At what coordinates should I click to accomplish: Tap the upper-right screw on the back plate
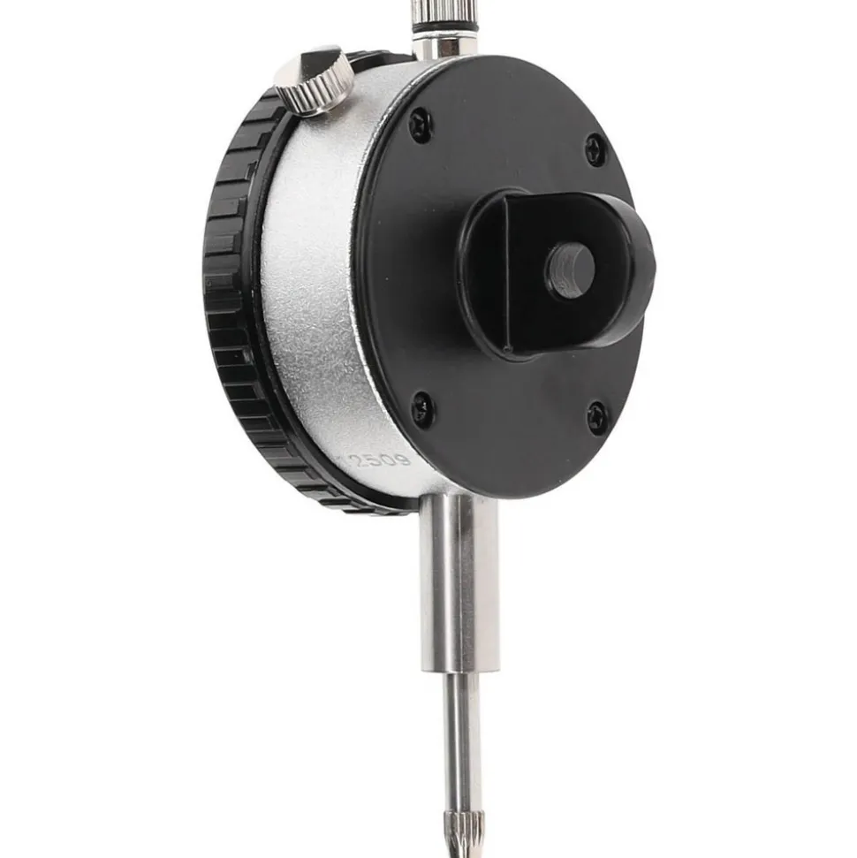pyautogui.click(x=595, y=149)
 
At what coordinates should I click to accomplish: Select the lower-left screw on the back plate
pyautogui.click(x=422, y=407)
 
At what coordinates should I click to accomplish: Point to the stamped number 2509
pyautogui.click(x=381, y=459)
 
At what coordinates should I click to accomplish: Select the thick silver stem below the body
pyautogui.click(x=459, y=583)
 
